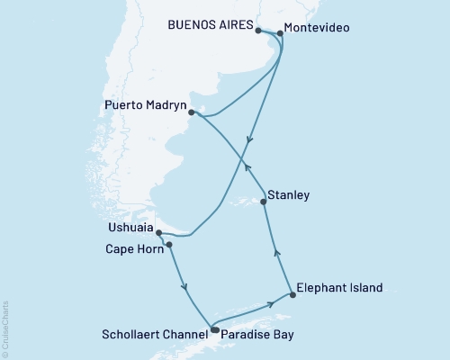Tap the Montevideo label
coord(318,29)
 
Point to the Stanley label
coord(289,194)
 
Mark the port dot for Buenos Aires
coord(258,31)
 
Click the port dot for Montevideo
coord(280,33)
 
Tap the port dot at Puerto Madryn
coord(191,112)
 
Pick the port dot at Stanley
coord(264,202)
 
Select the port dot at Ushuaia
coord(159,233)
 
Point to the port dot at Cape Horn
coord(168,244)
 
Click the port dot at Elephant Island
coord(291,294)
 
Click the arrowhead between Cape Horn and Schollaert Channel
coord(185,288)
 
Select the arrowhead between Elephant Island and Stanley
coord(277,254)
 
